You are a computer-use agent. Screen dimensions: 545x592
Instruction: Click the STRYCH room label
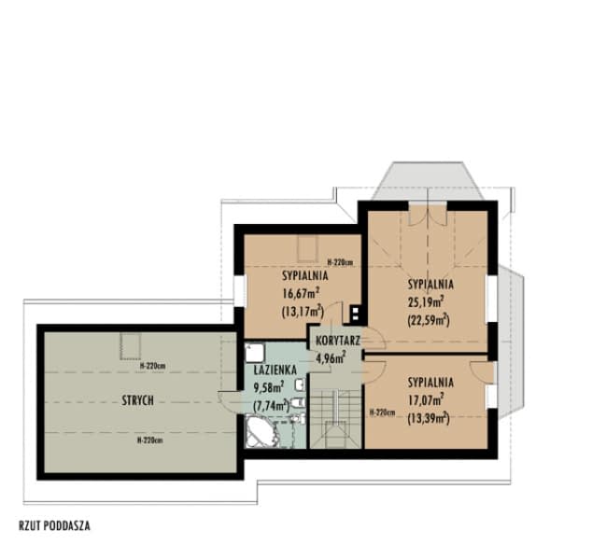click(x=136, y=400)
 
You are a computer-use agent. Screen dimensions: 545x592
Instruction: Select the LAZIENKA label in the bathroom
click(x=275, y=370)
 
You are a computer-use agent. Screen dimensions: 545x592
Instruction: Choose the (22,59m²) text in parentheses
click(x=428, y=319)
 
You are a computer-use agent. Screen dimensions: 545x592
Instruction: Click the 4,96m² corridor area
click(x=331, y=357)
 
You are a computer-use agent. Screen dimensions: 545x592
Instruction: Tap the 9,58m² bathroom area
click(x=269, y=386)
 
